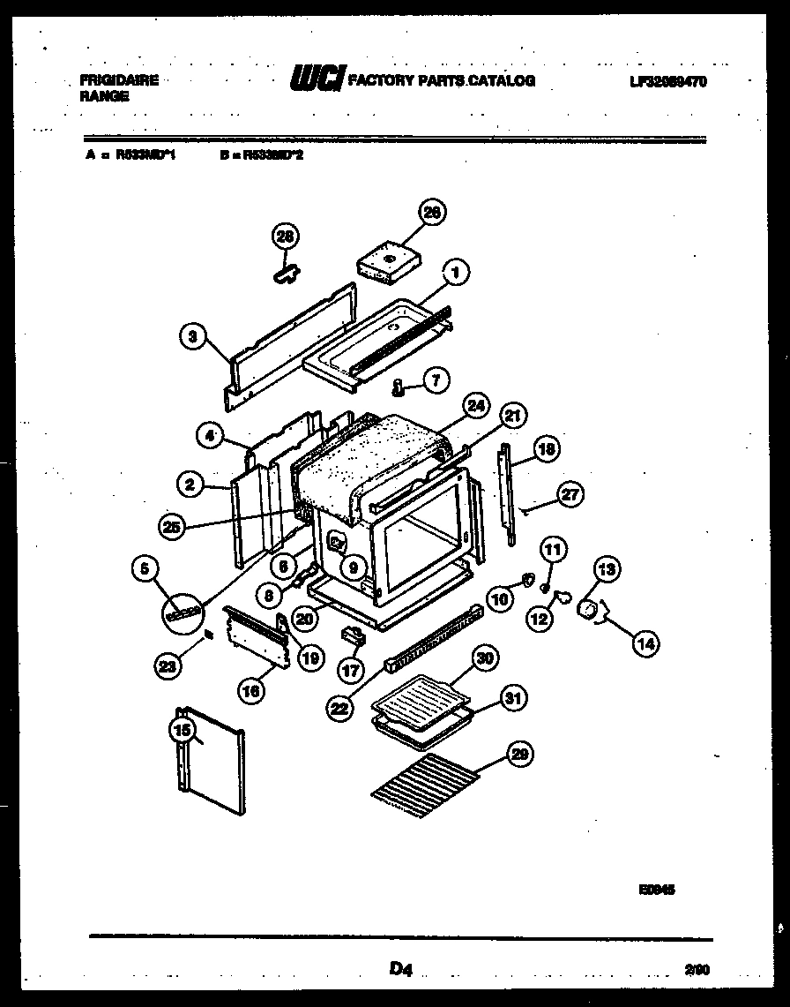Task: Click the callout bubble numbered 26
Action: (432, 212)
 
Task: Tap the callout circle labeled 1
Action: (455, 273)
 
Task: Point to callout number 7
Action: (435, 380)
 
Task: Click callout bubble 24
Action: (476, 407)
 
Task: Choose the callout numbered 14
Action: (645, 644)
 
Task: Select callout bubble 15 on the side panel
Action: (182, 730)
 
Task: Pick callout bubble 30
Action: (484, 658)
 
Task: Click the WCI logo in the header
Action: (317, 80)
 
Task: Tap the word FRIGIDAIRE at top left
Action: (119, 79)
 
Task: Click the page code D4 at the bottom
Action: (401, 971)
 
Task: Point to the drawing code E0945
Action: (659, 891)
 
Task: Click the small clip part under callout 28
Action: (284, 275)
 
